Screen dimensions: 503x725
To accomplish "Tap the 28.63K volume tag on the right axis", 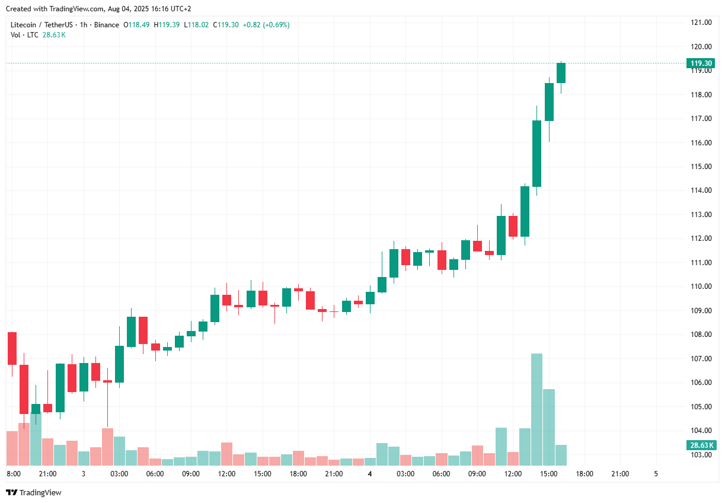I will point(701,445).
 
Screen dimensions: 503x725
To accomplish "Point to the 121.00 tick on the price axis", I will point(701,23).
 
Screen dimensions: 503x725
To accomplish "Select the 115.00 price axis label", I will point(701,167).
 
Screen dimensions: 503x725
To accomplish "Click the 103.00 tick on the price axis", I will point(701,454).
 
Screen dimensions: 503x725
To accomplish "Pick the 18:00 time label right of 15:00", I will point(585,474).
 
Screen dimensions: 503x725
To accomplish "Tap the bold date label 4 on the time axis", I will point(370,474).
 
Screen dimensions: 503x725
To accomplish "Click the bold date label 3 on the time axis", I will point(84,474).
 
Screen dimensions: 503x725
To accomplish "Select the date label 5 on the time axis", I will point(656,474).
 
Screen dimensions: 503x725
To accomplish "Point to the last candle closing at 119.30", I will point(561,73).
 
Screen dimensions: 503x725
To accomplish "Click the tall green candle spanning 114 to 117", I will point(536,153).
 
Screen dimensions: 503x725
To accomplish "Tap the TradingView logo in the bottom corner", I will point(34,492).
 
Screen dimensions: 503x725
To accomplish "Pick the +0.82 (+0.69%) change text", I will point(266,25).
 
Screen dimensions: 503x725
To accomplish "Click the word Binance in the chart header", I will point(107,25).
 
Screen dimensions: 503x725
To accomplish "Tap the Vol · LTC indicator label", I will point(24,35).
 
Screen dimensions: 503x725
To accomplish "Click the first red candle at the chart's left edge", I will point(12,348).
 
